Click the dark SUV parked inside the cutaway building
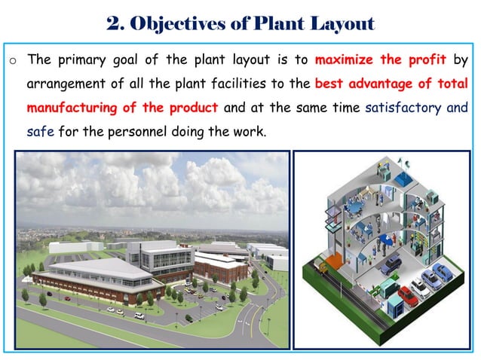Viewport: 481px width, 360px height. pyautogui.click(x=390, y=264)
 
